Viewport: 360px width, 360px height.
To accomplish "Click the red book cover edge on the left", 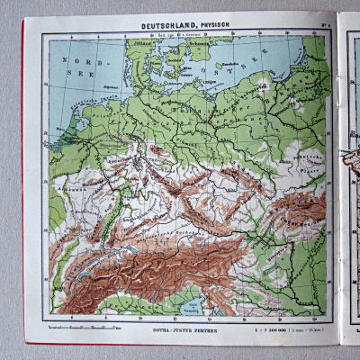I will click(x=22, y=180).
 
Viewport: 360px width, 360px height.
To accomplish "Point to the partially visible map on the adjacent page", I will click(x=351, y=180).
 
